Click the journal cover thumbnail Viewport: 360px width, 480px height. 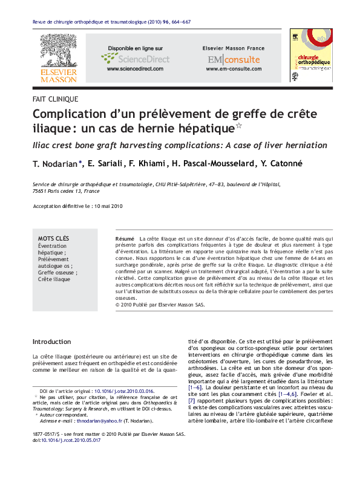(x=311, y=56)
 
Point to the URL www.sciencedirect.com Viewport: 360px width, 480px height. (x=135, y=69)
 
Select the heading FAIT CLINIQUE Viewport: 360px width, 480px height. (x=56, y=99)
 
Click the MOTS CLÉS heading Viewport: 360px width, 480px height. (x=54, y=239)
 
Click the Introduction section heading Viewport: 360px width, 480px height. (x=51, y=342)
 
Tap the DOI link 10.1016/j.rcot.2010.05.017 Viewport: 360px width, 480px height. (x=71, y=441)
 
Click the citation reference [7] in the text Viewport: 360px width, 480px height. (x=191, y=401)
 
